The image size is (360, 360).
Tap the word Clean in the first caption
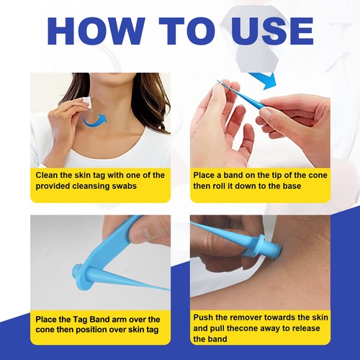point(48,175)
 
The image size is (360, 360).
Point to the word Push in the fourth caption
point(205,317)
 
